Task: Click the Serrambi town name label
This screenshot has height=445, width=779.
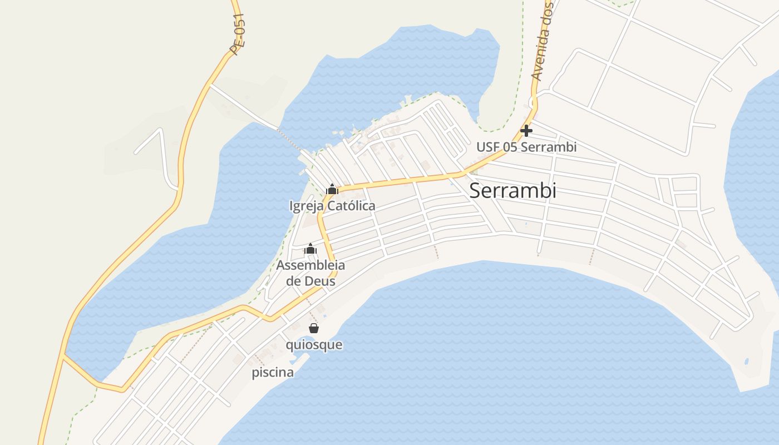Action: (x=512, y=190)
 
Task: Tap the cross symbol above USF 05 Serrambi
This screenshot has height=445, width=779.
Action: (x=526, y=131)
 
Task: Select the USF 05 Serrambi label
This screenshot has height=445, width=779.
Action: (x=526, y=147)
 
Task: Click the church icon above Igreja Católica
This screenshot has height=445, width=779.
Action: (x=332, y=189)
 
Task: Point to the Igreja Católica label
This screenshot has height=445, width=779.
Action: (x=332, y=206)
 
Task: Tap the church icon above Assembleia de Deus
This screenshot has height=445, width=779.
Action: (x=310, y=249)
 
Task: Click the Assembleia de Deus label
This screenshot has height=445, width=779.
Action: (x=310, y=273)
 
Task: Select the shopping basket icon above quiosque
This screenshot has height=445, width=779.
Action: (x=314, y=328)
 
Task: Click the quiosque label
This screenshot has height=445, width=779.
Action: (x=314, y=345)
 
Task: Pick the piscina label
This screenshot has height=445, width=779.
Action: (x=273, y=373)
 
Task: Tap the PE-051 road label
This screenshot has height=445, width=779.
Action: (x=238, y=34)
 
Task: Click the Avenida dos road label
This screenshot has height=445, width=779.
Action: (x=543, y=42)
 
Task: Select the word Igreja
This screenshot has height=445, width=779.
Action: (x=306, y=206)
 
